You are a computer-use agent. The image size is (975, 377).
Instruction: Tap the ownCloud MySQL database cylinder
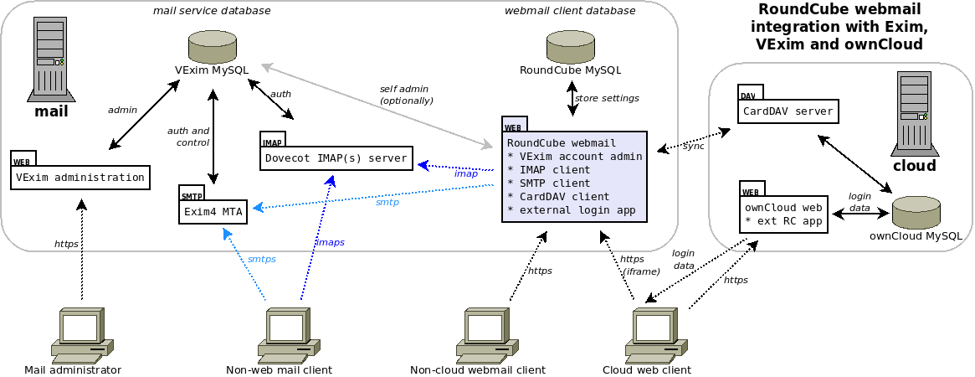(916, 213)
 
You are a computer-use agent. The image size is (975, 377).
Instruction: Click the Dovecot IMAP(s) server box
(336, 158)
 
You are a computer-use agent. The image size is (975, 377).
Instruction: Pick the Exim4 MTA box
(213, 212)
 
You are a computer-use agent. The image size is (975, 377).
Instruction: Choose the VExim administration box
(80, 178)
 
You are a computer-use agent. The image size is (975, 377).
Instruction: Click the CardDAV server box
(788, 111)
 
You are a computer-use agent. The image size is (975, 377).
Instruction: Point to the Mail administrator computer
(81, 333)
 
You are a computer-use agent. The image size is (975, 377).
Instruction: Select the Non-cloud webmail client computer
(488, 333)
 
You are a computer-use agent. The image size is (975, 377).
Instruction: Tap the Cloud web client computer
(655, 333)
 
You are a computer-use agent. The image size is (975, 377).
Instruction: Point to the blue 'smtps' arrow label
(261, 260)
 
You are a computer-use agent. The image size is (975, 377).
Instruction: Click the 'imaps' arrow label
(329, 242)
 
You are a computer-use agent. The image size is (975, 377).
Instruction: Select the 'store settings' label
(607, 99)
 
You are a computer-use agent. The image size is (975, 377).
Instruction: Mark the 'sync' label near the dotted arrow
(693, 146)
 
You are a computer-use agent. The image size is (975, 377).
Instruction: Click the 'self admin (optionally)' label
(407, 95)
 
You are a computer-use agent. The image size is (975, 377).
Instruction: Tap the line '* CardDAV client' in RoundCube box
(558, 196)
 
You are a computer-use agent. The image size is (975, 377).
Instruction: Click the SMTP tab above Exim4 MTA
(192, 196)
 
